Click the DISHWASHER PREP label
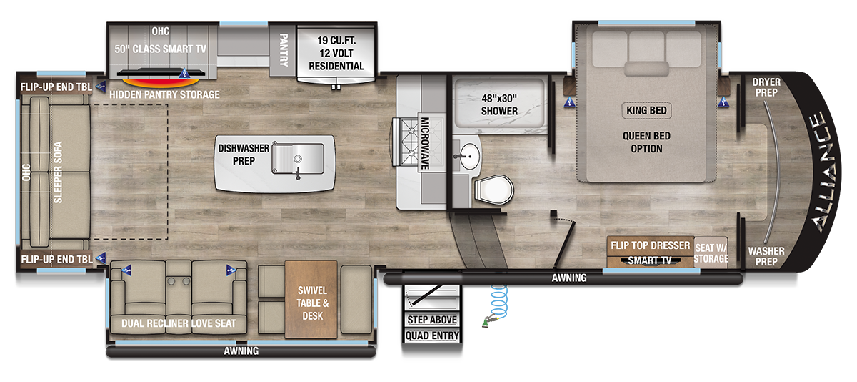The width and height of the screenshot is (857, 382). [x=244, y=155]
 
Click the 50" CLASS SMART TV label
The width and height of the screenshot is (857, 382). [x=160, y=49]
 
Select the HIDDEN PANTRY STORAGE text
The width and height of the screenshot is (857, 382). [x=165, y=94]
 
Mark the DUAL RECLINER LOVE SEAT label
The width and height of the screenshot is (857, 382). [x=179, y=323]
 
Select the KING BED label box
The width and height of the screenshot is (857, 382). [x=646, y=110]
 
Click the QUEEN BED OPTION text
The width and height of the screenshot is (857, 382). [x=646, y=142]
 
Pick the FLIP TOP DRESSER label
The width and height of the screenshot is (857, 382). [x=650, y=245]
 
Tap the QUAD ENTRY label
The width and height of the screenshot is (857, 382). [x=431, y=336]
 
